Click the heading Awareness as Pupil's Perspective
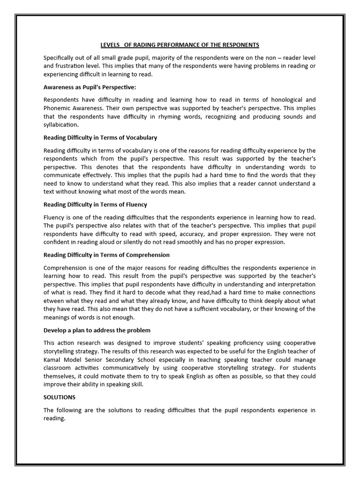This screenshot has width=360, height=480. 90,87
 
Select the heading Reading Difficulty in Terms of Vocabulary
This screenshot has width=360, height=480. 100,138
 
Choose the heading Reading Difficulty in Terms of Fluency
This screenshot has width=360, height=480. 95,204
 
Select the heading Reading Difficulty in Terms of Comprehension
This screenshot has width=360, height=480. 106,255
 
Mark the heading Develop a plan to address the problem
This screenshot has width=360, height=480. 97,330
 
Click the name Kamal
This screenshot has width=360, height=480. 53,360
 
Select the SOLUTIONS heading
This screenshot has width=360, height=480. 60,397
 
